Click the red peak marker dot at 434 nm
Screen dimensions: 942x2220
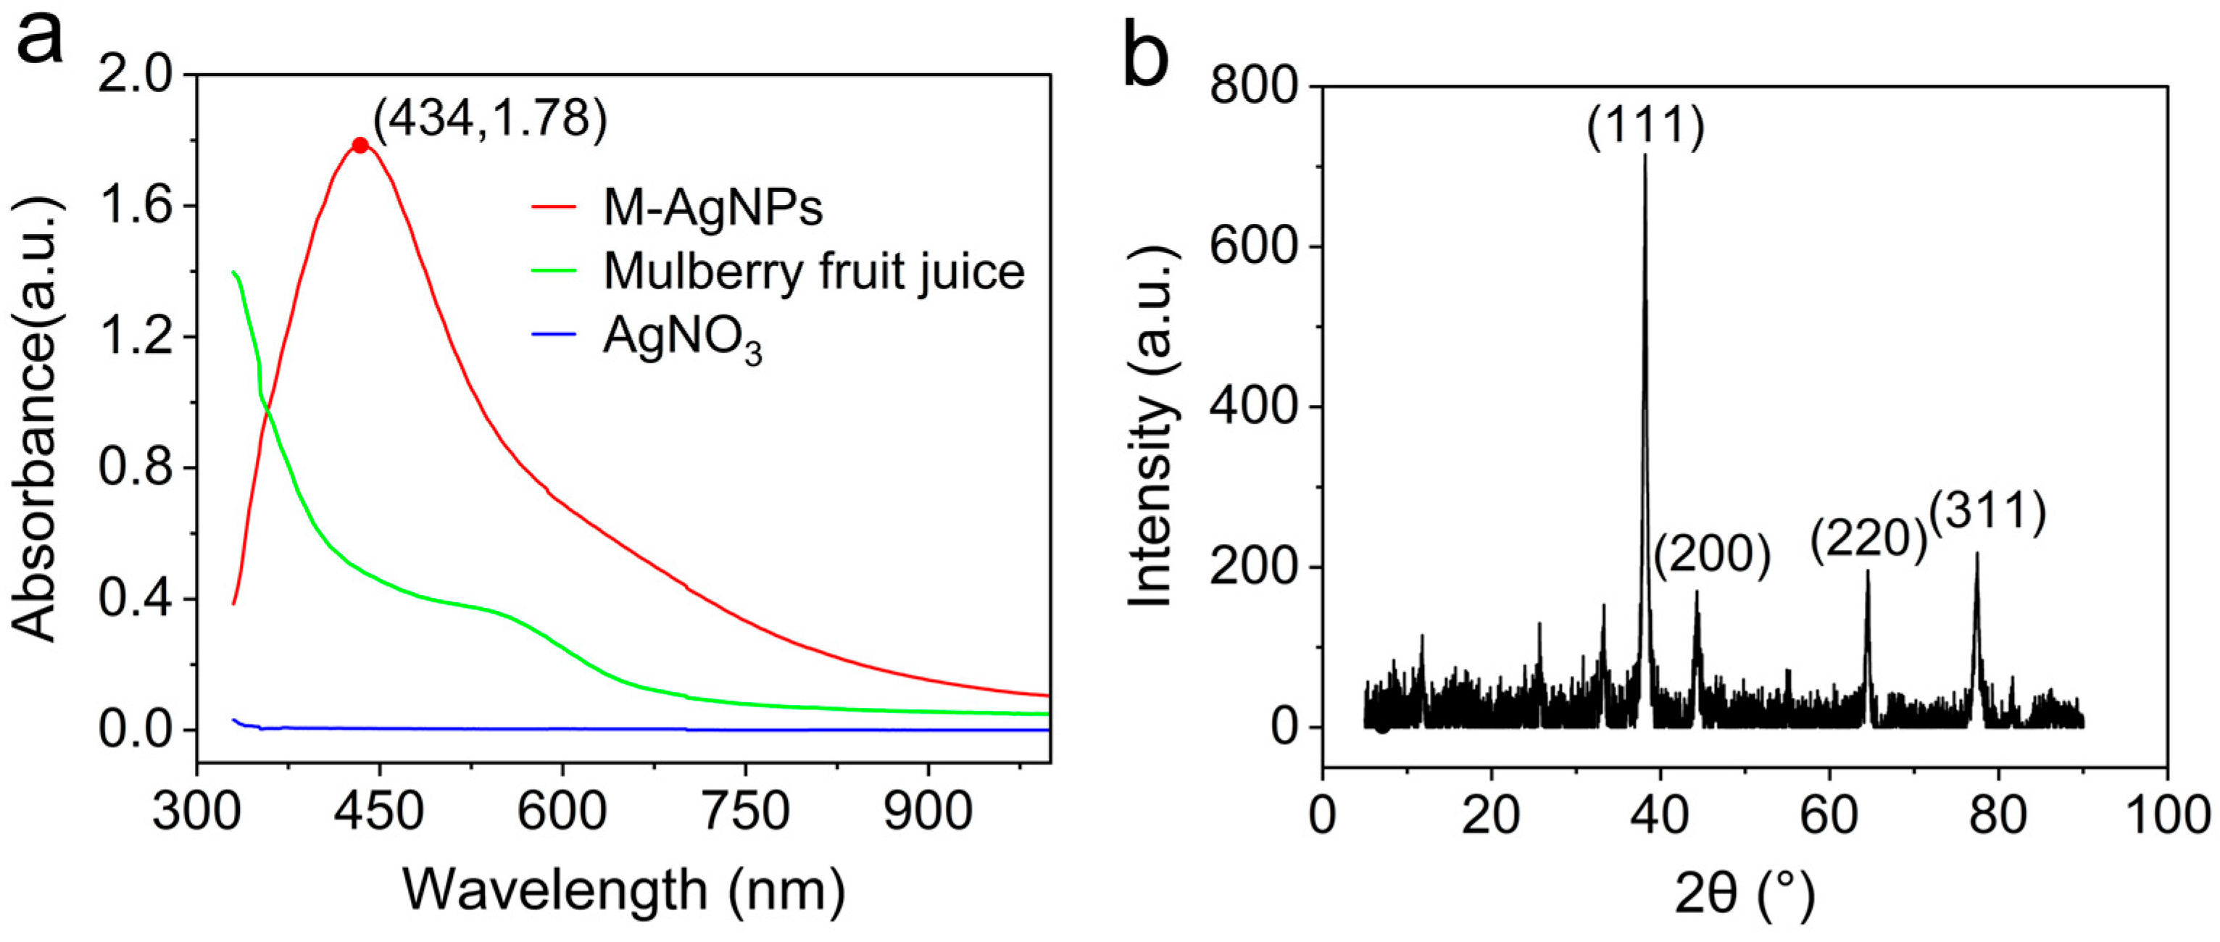pyautogui.click(x=360, y=146)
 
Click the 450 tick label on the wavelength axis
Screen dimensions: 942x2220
pyautogui.click(x=379, y=812)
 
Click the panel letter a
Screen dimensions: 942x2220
pyautogui.click(x=40, y=39)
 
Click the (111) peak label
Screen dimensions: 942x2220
pyautogui.click(x=1645, y=126)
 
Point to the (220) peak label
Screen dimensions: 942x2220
pyautogui.click(x=1868, y=541)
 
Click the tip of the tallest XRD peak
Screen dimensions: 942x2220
pyautogui.click(x=1645, y=155)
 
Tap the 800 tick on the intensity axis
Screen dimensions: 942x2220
pyautogui.click(x=1253, y=86)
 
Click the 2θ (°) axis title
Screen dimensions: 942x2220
pyautogui.click(x=1745, y=893)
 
